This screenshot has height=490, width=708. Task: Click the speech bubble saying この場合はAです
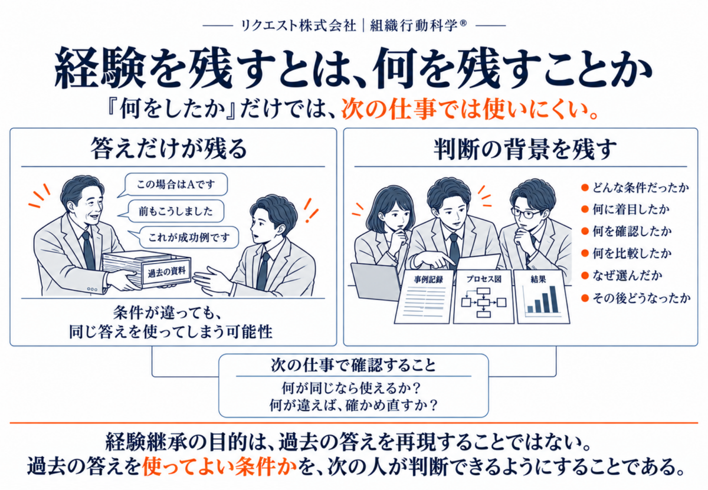[176, 185]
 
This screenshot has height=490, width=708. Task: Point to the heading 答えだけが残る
[169, 149]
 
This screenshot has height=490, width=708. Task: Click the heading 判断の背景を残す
[525, 149]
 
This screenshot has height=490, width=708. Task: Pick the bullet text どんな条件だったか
[640, 188]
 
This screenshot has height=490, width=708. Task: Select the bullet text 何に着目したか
[631, 209]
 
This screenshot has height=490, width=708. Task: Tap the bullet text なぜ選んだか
[627, 275]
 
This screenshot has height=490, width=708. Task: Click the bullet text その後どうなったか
[641, 298]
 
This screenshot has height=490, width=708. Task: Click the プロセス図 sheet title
[484, 279]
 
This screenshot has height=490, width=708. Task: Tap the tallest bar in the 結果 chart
[553, 299]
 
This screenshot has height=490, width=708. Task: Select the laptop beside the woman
[375, 281]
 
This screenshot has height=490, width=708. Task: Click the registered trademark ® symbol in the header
[463, 23]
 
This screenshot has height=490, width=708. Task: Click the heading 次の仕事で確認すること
[353, 365]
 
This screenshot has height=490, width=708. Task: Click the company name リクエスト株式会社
[299, 25]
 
